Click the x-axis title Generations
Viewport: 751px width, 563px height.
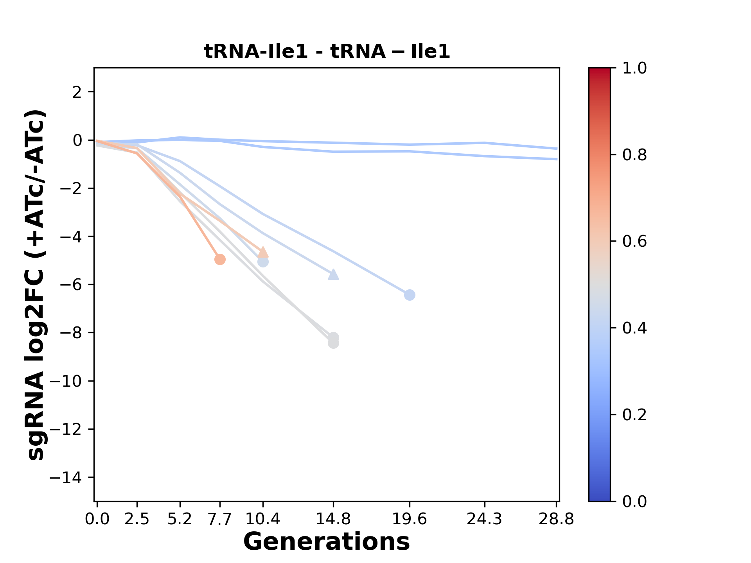tap(327, 542)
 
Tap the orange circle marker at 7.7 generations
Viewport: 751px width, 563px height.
tap(220, 259)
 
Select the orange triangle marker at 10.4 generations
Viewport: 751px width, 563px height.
tap(263, 252)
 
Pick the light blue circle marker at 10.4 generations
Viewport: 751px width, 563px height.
tap(263, 262)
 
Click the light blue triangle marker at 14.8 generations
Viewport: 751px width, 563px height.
tap(333, 274)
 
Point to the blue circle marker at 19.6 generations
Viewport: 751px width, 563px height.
tap(410, 295)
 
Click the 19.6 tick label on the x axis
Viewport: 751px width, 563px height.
tap(410, 519)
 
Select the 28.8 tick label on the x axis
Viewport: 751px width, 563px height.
tap(557, 519)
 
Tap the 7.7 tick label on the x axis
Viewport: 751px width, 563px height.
tap(220, 519)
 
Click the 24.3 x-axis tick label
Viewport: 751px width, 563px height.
tap(485, 519)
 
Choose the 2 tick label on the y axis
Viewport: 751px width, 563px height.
tap(78, 92)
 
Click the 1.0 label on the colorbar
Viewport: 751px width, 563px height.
tap(634, 68)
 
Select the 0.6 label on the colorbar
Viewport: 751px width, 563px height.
tap(634, 242)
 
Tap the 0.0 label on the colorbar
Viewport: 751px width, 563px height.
tap(634, 501)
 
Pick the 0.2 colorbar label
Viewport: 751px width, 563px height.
tap(634, 415)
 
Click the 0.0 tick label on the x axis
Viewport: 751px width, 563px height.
tap(97, 519)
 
